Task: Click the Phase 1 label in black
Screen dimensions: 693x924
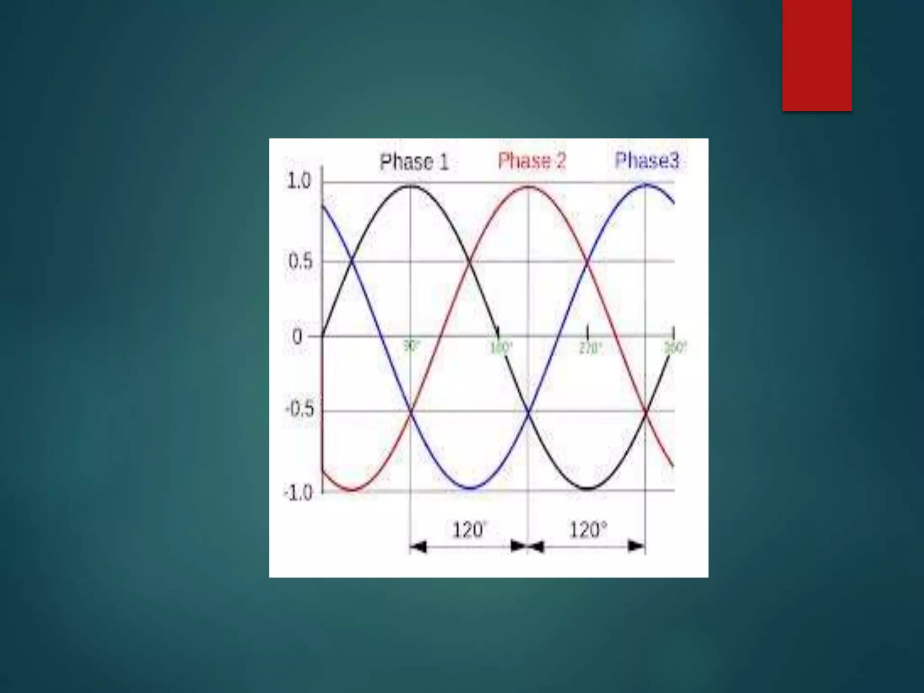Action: coord(414,162)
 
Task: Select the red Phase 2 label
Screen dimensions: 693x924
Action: coord(531,161)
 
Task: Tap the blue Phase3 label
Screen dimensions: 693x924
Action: coord(647,160)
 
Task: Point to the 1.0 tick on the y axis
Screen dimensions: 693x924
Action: coord(299,181)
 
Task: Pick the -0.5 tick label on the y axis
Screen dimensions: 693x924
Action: coord(299,410)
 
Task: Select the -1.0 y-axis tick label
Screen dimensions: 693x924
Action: coord(298,493)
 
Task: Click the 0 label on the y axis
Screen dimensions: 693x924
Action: coord(297,337)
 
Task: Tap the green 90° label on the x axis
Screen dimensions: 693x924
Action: coord(411,346)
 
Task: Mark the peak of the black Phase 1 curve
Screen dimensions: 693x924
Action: coord(411,186)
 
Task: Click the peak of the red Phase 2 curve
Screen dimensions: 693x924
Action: coord(528,186)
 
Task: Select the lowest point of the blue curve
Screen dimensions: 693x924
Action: coord(470,488)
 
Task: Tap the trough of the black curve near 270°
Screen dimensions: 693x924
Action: coord(587,489)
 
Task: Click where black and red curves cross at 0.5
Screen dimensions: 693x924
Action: coord(470,261)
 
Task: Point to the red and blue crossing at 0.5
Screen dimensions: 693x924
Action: coord(587,261)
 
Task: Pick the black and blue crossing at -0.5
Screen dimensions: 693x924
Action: coord(528,411)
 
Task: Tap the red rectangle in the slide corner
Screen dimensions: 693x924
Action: coord(817,55)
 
